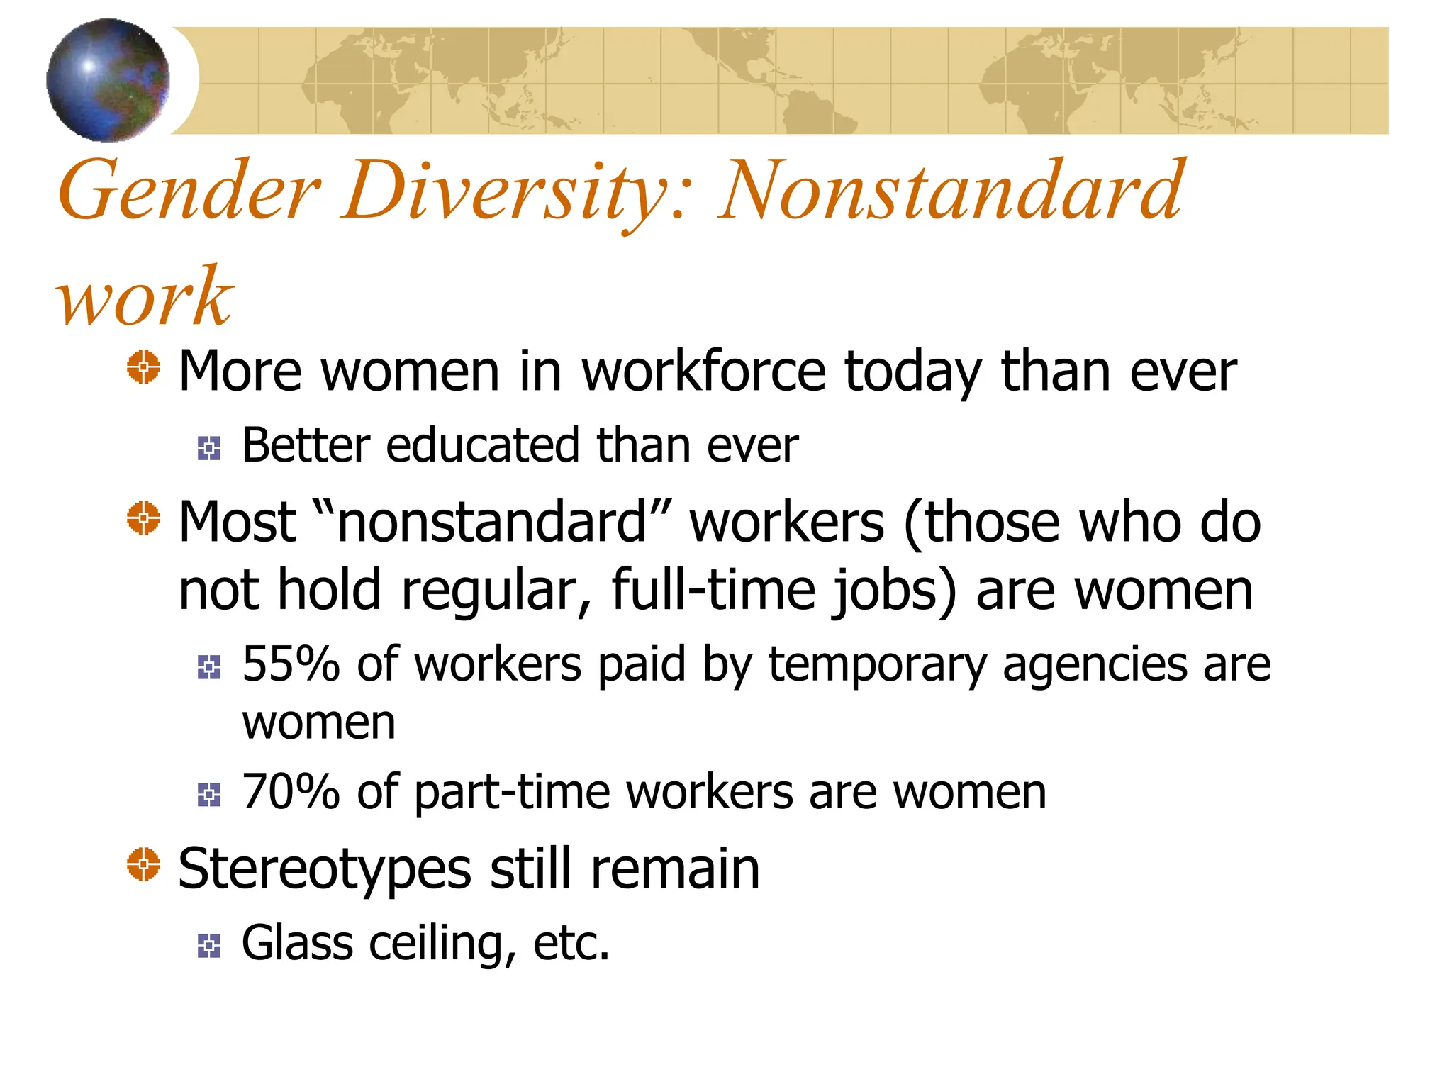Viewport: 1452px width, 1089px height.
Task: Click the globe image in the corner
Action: pyautogui.click(x=108, y=79)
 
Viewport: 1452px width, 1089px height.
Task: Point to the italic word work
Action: pyautogui.click(x=145, y=298)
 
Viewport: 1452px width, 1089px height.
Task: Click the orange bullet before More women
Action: pyautogui.click(x=144, y=368)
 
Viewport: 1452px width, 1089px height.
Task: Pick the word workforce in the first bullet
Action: pyautogui.click(x=703, y=372)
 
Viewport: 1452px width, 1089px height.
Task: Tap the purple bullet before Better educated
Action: pyautogui.click(x=209, y=448)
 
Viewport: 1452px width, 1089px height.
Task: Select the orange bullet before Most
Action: pyautogui.click(x=144, y=518)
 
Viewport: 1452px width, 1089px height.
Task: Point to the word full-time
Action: pyautogui.click(x=712, y=590)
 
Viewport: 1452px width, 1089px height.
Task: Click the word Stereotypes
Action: pyautogui.click(x=325, y=870)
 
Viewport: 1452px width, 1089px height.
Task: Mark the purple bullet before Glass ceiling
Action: pyautogui.click(x=209, y=946)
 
